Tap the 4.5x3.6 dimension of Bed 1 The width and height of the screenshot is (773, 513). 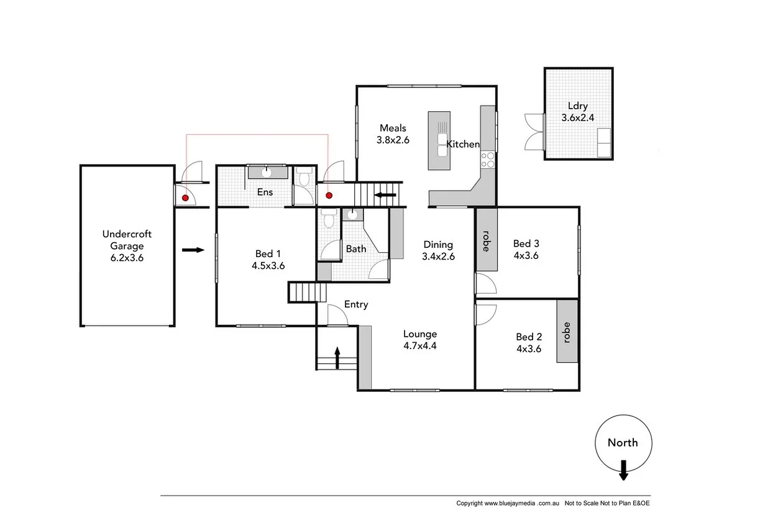268,265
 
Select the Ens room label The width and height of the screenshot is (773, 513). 265,192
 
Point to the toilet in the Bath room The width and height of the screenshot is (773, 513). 329,219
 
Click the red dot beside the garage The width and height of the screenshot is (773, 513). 185,197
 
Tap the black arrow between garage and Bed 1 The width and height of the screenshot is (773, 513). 193,250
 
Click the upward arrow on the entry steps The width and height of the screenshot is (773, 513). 337,358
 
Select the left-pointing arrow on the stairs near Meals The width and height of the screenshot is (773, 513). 386,196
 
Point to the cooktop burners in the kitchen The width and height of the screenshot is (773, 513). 488,160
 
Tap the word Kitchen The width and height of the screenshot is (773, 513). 464,144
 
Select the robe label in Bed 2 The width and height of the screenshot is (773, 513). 566,332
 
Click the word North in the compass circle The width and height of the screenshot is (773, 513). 623,443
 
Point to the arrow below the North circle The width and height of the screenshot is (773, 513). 623,471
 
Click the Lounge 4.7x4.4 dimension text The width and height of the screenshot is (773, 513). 419,346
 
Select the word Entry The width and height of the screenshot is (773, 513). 356,304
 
